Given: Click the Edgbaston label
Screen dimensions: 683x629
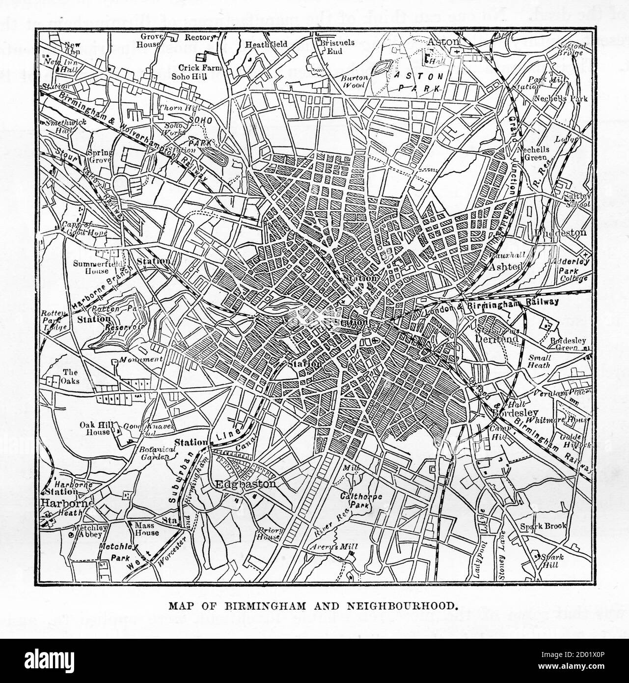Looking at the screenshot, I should coord(246,484).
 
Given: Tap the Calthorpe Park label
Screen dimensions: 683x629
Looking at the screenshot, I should coord(362,501).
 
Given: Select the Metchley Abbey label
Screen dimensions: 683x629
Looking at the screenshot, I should coord(87,531).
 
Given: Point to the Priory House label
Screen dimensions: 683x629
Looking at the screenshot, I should coord(269,534).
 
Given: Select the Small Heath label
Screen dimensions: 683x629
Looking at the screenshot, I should coord(539,361).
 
